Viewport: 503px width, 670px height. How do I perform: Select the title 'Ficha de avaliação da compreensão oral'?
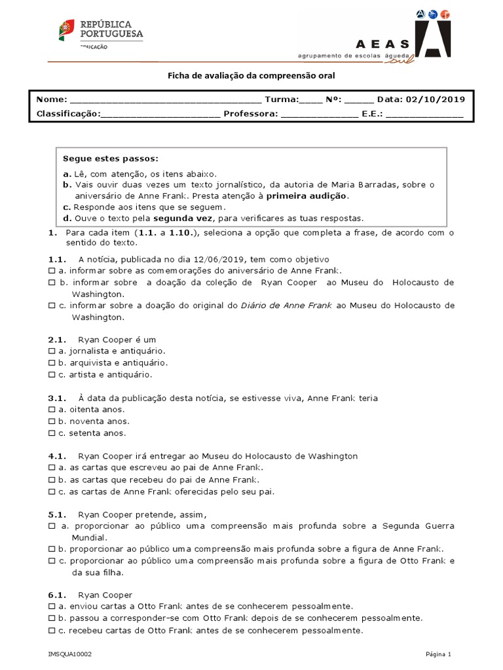click(x=251, y=76)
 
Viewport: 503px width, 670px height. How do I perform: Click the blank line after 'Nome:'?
click(x=164, y=100)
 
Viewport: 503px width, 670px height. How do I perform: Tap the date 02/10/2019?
click(x=436, y=99)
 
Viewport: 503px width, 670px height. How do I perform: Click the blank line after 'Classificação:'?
click(x=160, y=113)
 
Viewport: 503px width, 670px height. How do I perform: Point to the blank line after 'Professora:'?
click(x=320, y=113)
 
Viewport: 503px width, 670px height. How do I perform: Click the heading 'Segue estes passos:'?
click(x=110, y=158)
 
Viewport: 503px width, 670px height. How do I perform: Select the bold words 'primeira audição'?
click(x=307, y=196)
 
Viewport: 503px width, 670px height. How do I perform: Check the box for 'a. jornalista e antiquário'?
click(x=52, y=351)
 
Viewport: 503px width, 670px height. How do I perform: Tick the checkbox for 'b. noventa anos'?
click(x=52, y=421)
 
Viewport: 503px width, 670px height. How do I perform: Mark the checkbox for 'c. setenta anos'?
click(x=52, y=433)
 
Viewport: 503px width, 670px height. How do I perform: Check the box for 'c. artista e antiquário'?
click(x=52, y=375)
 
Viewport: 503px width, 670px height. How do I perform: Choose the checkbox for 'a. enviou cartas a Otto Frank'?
click(x=52, y=607)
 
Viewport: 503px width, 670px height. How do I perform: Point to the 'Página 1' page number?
click(x=438, y=654)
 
